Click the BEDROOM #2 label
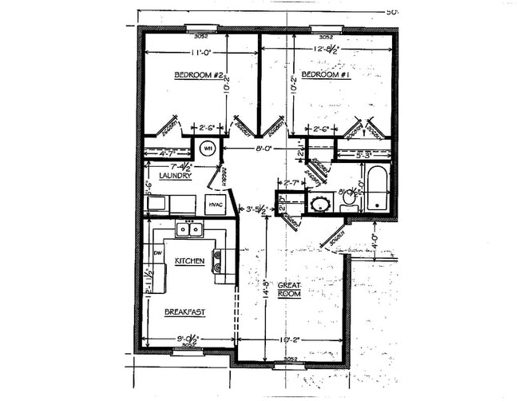[196, 75]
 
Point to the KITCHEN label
[190, 261]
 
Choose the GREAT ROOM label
[288, 289]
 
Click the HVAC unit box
[216, 205]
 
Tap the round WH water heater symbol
[207, 148]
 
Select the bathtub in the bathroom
[377, 189]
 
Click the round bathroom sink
[321, 203]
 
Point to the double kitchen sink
[189, 229]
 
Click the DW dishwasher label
[157, 252]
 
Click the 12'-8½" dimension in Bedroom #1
[327, 50]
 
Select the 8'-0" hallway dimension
[262, 148]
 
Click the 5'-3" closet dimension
[365, 153]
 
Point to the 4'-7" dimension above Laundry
[168, 153]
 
